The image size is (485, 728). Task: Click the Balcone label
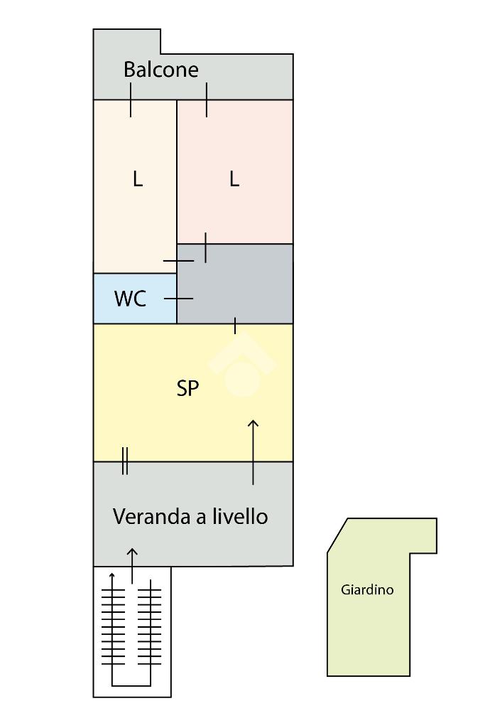(160, 70)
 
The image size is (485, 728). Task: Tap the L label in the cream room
(137, 179)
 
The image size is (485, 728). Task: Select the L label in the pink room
(234, 179)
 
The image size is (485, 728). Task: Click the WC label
(130, 299)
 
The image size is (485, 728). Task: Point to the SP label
(187, 388)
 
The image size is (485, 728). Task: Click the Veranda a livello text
(190, 517)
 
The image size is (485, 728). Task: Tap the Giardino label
(367, 589)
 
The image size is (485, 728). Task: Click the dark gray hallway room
(241, 284)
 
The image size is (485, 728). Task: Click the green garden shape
(369, 626)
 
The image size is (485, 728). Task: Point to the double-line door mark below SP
(125, 461)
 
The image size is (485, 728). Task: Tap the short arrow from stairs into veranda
(132, 564)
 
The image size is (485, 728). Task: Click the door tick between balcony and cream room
(131, 100)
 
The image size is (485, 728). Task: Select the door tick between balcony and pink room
(207, 100)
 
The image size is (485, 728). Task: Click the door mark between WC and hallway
(178, 299)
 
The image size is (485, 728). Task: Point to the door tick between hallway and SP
(235, 326)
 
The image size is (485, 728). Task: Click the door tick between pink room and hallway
(205, 247)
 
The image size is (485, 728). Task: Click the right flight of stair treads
(151, 626)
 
